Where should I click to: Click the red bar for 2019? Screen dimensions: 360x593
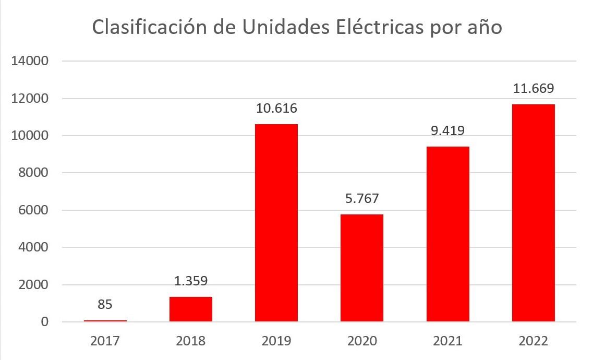point(276,223)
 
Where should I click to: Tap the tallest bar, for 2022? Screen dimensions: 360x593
point(533,213)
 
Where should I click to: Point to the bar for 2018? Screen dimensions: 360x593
point(190,309)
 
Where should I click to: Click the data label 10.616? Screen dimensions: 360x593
point(276,109)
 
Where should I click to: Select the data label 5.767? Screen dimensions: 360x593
point(361,199)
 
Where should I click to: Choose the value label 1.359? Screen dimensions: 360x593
point(190,281)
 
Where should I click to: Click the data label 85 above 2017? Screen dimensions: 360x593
point(105,304)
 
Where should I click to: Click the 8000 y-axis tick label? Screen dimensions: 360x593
point(32,173)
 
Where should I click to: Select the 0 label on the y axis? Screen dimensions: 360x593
point(44,322)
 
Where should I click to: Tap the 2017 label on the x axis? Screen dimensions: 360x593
point(105,341)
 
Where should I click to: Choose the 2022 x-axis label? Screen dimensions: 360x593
point(533,341)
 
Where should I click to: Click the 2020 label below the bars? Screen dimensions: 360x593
point(361,341)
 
